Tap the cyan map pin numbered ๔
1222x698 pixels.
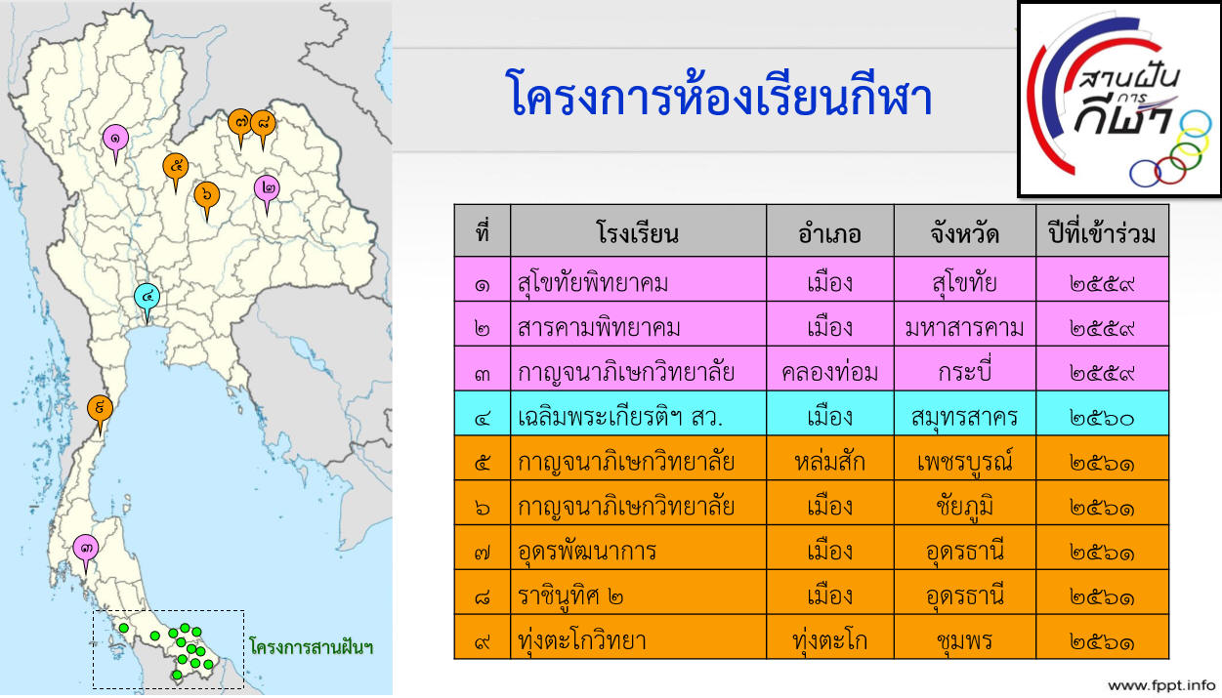click(x=147, y=298)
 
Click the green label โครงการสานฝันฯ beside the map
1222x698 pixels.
click(x=311, y=647)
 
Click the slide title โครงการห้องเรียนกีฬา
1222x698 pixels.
click(x=719, y=94)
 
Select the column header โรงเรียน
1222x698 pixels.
click(x=638, y=233)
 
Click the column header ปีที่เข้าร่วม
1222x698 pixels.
click(x=1102, y=233)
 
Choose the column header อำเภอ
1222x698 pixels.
click(x=829, y=233)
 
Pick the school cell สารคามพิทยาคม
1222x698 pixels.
click(x=599, y=328)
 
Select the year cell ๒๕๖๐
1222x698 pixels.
click(x=1102, y=418)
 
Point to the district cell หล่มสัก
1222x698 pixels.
click(x=829, y=462)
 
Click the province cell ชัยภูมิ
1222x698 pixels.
click(x=964, y=507)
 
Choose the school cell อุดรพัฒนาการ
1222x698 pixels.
click(x=587, y=552)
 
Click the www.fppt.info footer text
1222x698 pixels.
click(x=1161, y=685)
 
